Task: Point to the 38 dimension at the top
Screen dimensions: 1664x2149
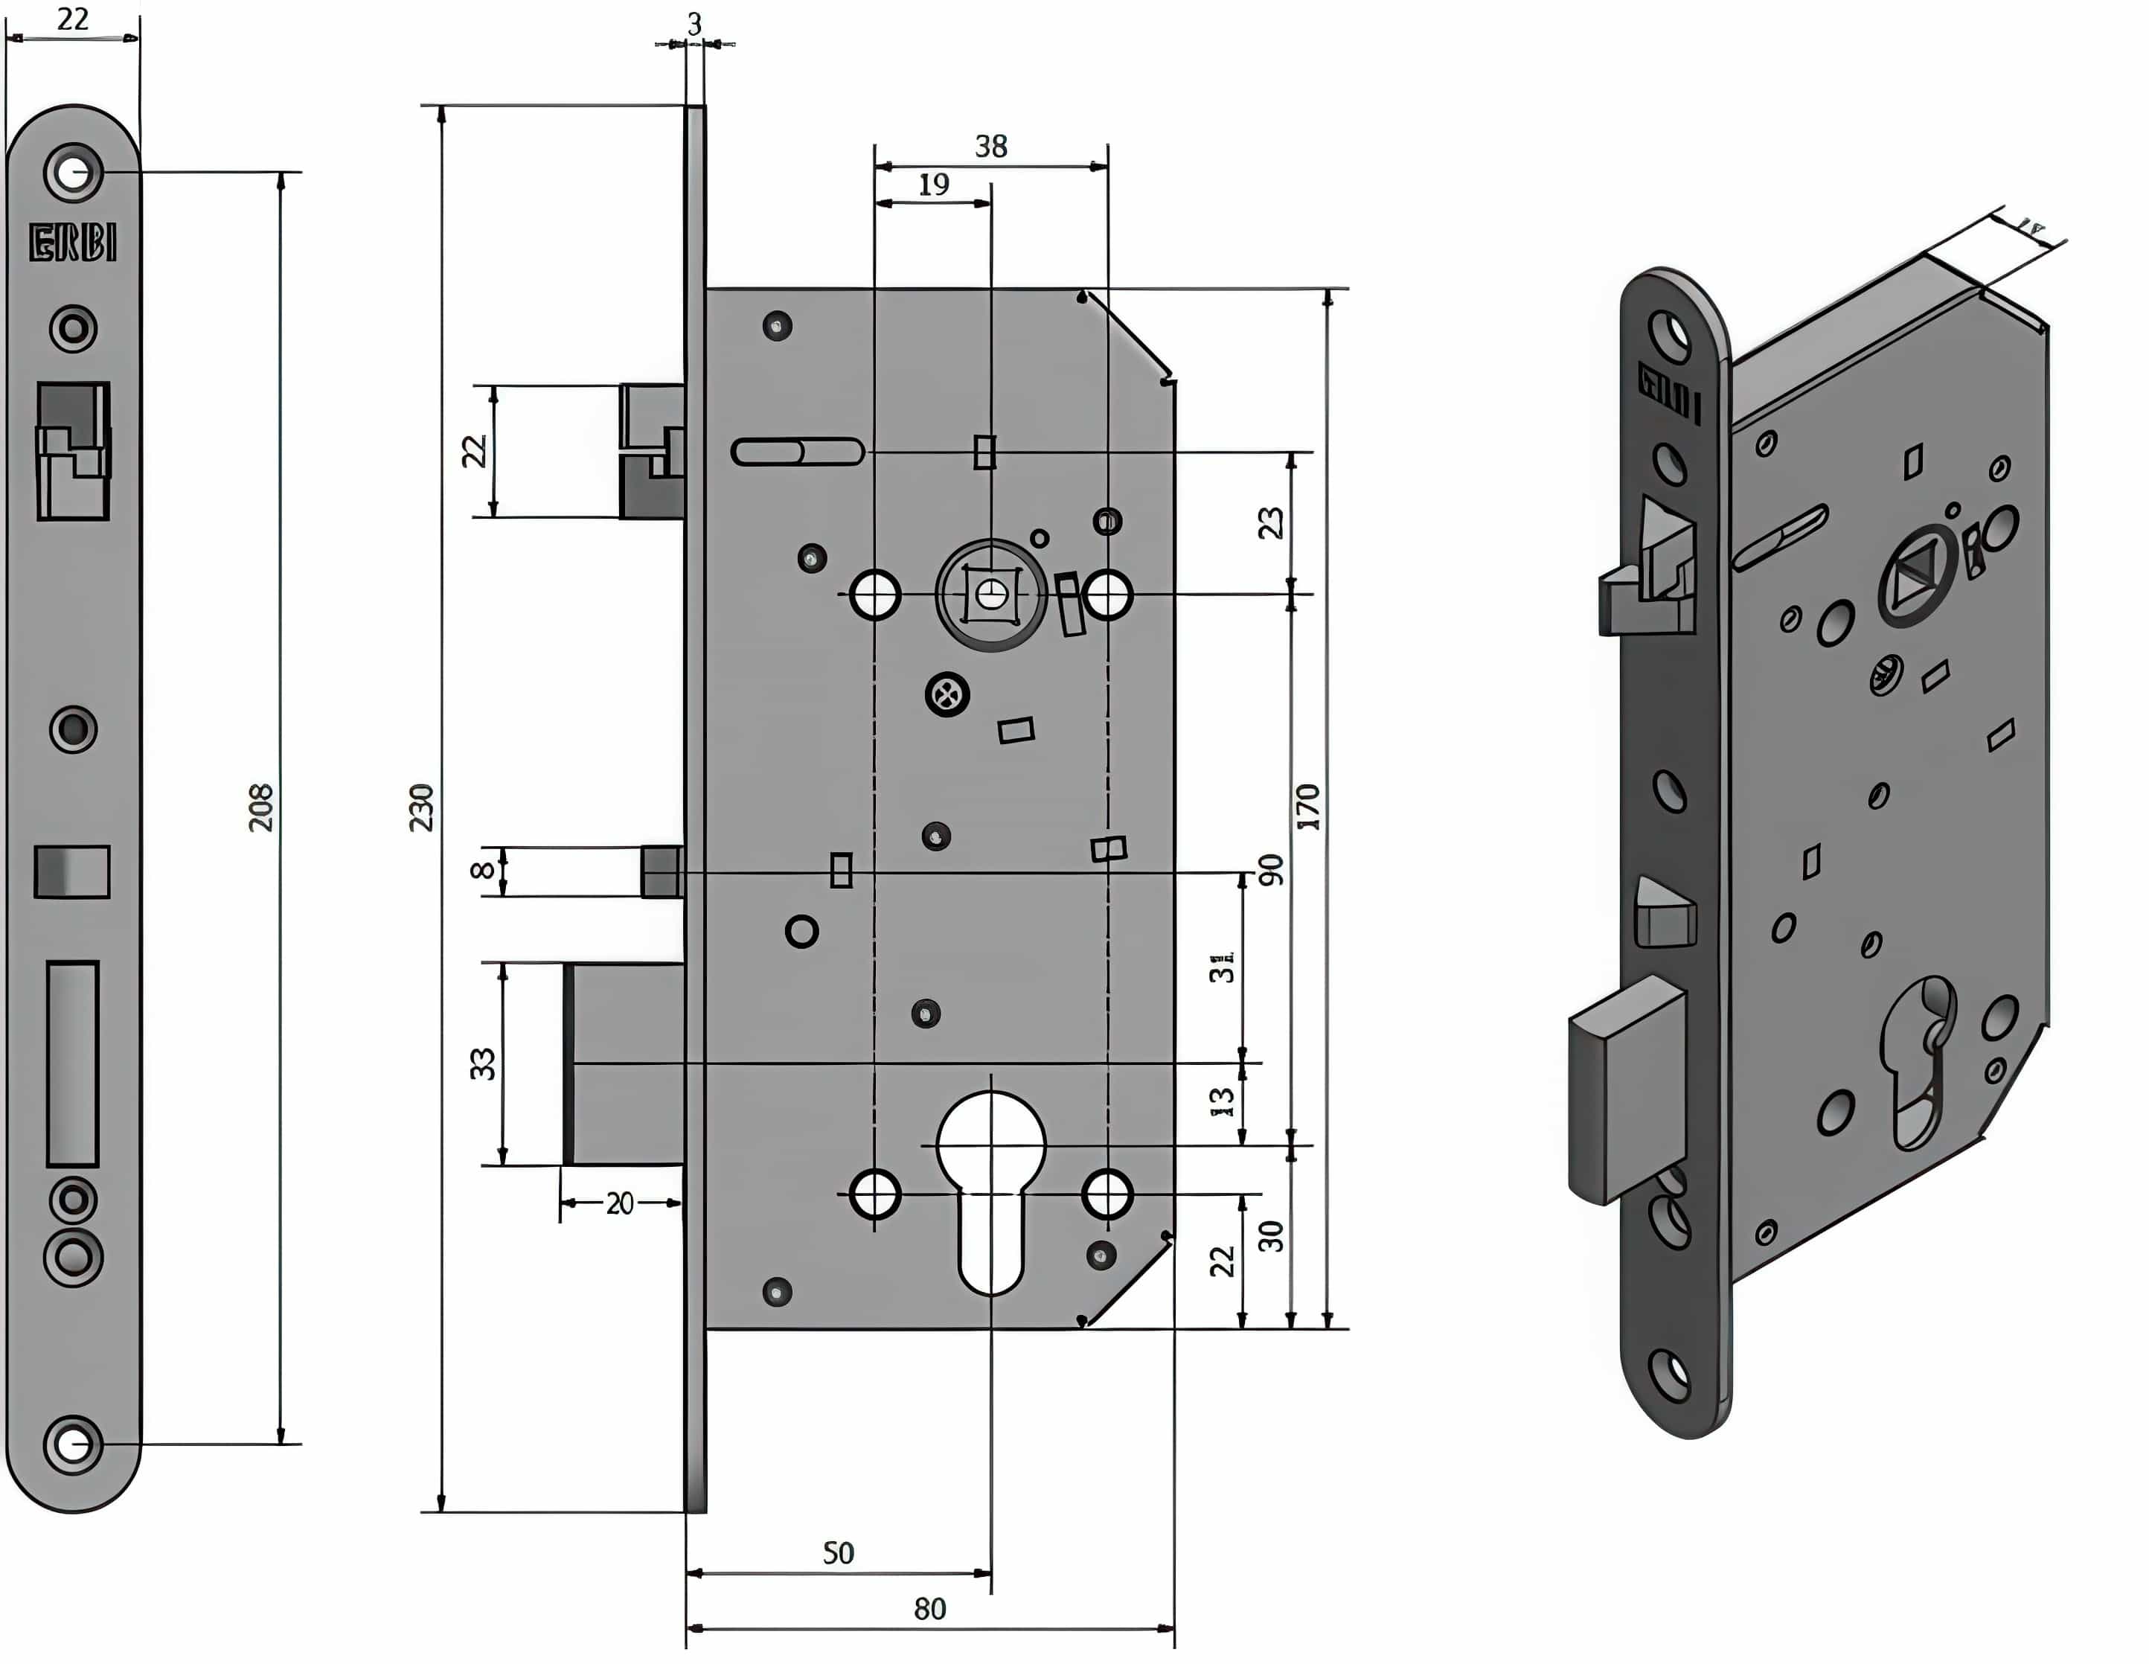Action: (x=991, y=147)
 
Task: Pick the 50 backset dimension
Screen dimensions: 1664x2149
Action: (x=839, y=1553)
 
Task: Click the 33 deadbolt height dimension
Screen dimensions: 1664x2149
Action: (x=482, y=1063)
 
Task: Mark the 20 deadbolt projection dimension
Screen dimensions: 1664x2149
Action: (x=619, y=1203)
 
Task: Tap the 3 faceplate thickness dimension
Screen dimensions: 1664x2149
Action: (x=695, y=25)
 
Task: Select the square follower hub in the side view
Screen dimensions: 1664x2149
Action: (x=991, y=595)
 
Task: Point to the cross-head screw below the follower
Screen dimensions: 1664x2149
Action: (x=947, y=695)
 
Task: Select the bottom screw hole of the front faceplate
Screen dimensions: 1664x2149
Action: (x=72, y=1444)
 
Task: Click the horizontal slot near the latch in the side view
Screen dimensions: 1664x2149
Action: (x=797, y=452)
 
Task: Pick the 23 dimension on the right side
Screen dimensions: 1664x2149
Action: (x=1270, y=522)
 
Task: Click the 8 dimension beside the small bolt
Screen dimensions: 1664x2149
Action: (x=481, y=870)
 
